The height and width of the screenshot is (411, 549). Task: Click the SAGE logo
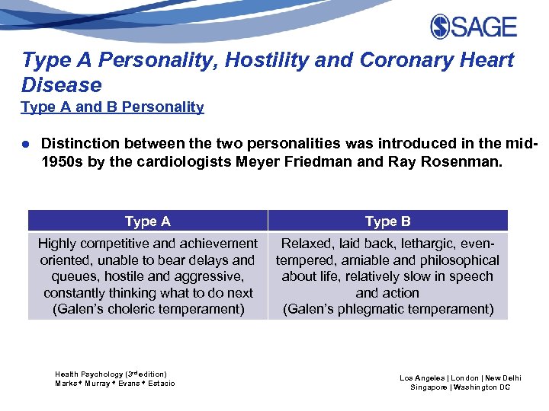tap(474, 27)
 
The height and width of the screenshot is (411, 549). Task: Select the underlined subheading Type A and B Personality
tap(112, 107)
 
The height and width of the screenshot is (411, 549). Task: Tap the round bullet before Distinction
tap(25, 144)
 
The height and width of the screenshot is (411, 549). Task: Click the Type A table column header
tap(147, 221)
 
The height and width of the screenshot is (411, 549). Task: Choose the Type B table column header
tap(387, 221)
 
